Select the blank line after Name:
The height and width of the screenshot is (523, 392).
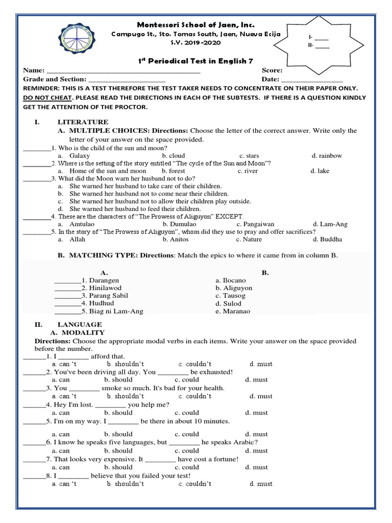point(122,71)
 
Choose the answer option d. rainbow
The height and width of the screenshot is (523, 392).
point(327,155)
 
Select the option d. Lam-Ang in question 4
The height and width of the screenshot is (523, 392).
point(330,224)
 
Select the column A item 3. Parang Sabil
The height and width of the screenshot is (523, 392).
point(101,296)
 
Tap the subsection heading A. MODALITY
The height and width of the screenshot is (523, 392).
point(82,332)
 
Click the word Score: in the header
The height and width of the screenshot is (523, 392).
point(272,70)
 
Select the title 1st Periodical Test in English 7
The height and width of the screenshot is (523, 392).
point(196,61)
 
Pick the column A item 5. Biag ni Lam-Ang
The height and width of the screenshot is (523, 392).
point(109,311)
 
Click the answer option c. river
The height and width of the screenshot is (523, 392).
point(248,171)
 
